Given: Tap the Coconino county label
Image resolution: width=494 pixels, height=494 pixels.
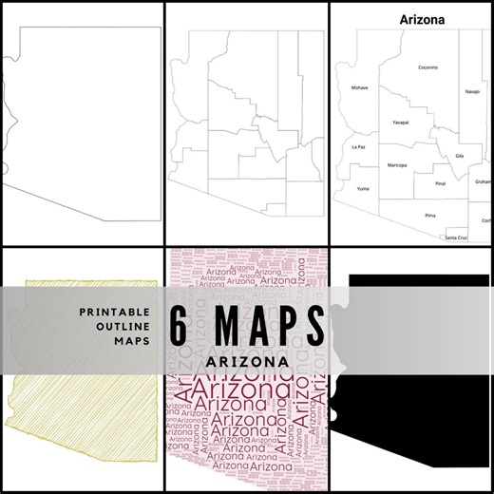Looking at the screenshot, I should [427, 67].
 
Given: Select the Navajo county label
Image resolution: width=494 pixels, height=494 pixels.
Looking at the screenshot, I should [472, 91].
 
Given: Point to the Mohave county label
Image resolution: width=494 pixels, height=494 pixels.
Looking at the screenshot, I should [359, 87].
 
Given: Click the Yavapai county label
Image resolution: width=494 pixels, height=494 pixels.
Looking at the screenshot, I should [399, 123].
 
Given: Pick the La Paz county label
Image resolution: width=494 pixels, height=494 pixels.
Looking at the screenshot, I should [357, 147].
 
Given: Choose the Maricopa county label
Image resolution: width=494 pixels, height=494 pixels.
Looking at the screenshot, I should [397, 165].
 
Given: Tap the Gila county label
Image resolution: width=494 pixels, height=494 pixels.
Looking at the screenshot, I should [460, 155].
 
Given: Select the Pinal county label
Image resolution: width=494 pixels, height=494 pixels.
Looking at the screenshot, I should [440, 182].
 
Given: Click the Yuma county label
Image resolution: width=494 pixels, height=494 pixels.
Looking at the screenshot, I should [362, 189].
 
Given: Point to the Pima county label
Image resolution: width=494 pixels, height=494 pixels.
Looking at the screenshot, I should [429, 216].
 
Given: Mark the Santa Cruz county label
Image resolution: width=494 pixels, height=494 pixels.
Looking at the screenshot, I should [456, 237].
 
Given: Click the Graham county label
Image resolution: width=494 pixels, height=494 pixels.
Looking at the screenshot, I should [484, 180].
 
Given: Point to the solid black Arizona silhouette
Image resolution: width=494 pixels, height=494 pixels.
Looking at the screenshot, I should [418, 418].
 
